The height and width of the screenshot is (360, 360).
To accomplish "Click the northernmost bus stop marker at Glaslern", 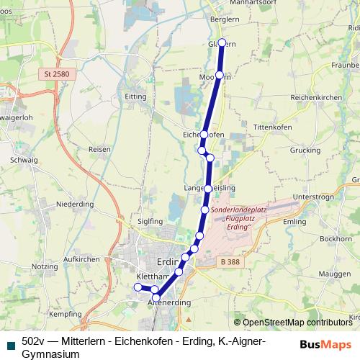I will click(x=222, y=42).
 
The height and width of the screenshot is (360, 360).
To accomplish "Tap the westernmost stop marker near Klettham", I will click(x=138, y=287).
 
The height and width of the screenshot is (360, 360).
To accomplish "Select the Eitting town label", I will click(x=135, y=95).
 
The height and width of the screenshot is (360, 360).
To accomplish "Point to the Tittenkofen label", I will click(x=271, y=127).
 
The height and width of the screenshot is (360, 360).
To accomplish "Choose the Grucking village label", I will click(x=305, y=151).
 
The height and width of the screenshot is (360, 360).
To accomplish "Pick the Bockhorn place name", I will click(x=336, y=238).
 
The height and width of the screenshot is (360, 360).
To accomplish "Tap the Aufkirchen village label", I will click(x=81, y=258).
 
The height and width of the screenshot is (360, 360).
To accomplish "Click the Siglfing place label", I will click(x=150, y=221).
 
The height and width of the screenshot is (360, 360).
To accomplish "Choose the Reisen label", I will click(x=99, y=149).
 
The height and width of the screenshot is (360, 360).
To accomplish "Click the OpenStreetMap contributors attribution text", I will click(x=296, y=323).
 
